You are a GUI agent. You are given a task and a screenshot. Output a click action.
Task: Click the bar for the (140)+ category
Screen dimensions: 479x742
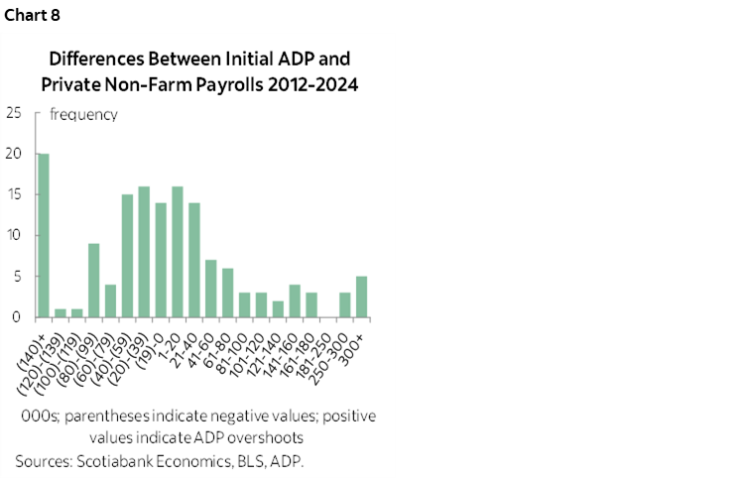pyautogui.click(x=43, y=236)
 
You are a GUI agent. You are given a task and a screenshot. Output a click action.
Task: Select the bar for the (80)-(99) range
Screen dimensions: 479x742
pyautogui.click(x=93, y=281)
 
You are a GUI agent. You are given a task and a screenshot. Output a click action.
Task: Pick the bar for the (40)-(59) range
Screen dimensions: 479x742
pyautogui.click(x=127, y=256)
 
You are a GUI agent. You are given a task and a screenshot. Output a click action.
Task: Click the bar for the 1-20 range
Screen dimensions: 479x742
pyautogui.click(x=178, y=252)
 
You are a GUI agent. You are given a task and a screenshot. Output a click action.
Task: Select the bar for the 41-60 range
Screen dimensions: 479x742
pyautogui.click(x=211, y=289)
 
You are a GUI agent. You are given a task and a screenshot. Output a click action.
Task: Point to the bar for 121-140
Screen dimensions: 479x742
pyautogui.click(x=279, y=309)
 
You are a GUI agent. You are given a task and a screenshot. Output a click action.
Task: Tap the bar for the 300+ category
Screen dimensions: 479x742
pyautogui.click(x=362, y=298)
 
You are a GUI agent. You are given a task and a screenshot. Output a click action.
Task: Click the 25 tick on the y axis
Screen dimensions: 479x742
pyautogui.click(x=13, y=113)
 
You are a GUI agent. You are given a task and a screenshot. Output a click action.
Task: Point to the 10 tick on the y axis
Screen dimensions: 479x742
pyautogui.click(x=13, y=236)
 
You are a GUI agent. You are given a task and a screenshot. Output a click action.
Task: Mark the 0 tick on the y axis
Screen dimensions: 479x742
pyautogui.click(x=17, y=317)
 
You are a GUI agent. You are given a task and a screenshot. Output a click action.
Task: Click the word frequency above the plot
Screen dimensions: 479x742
pyautogui.click(x=83, y=114)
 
